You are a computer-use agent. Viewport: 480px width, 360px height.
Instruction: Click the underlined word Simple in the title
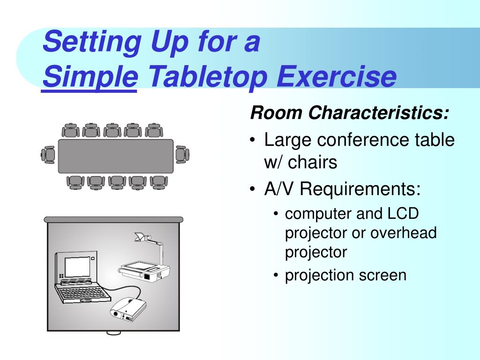(90, 77)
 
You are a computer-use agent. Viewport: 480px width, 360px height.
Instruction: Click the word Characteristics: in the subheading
(379, 112)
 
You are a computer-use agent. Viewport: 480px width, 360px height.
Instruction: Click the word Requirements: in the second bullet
(360, 189)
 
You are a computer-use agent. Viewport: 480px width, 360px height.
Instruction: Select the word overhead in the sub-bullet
(403, 232)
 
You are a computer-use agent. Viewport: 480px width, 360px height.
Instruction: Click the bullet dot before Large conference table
(252, 140)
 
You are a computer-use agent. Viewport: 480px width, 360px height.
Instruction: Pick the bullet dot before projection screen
(276, 275)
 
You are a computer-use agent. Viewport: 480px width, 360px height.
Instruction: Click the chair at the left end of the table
(48, 155)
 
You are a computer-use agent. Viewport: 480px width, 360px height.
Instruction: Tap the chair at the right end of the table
(182, 155)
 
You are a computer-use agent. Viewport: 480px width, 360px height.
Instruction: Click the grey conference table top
(116, 156)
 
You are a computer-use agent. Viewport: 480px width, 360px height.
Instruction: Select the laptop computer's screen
(78, 267)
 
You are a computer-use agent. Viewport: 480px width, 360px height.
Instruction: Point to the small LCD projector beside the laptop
(128, 309)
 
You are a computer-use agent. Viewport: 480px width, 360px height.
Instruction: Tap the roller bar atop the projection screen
(113, 219)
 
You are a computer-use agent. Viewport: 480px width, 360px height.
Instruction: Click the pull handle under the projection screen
(113, 333)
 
